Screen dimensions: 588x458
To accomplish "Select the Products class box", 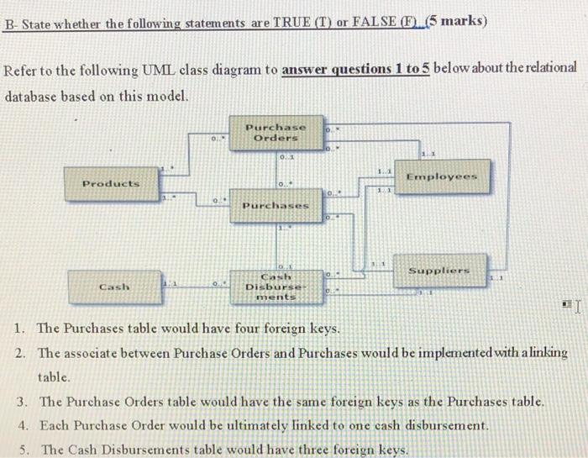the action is (111, 183).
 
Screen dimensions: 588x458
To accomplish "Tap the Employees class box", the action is (441, 176).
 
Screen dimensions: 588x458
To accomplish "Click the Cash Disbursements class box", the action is (276, 286).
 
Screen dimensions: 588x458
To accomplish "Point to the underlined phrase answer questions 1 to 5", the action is (356, 68).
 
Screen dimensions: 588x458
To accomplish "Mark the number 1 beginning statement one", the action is (19, 328).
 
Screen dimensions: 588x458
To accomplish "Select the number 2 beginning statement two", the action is (19, 352).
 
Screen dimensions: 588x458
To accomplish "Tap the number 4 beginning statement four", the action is (19, 425).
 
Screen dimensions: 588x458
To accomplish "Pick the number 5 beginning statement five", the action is (19, 449).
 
